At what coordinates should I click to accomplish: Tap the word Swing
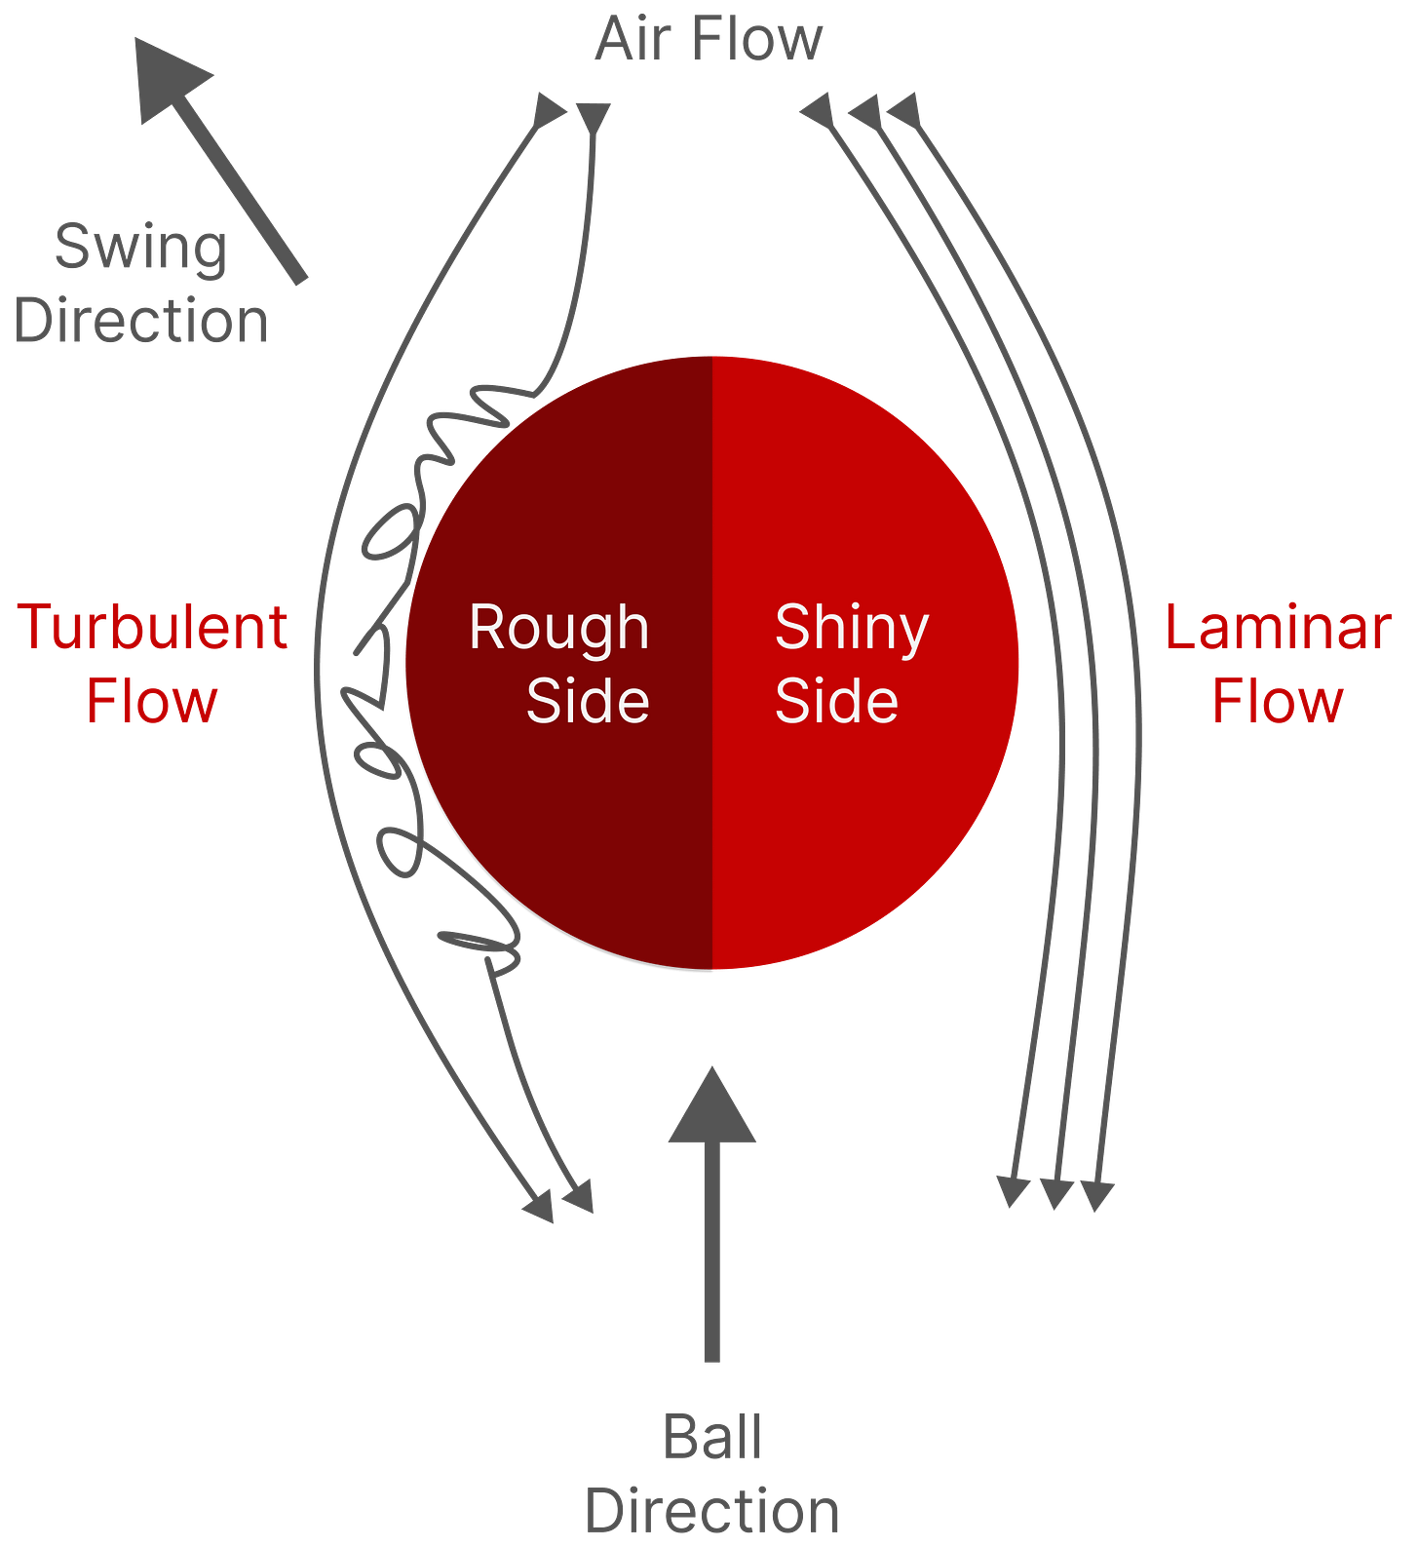click(141, 248)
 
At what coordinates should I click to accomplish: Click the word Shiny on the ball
click(852, 629)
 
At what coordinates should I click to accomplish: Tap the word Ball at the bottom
click(712, 1437)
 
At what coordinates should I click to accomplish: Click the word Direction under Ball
click(712, 1511)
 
